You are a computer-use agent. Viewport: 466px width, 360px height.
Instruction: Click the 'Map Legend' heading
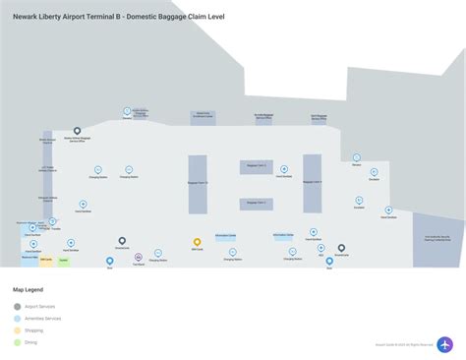click(x=28, y=291)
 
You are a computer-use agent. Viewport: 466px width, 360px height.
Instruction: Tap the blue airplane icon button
click(x=444, y=344)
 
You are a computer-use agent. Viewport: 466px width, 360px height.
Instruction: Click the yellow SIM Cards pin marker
click(x=198, y=241)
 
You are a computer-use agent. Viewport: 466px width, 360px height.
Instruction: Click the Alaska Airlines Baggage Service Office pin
click(x=78, y=131)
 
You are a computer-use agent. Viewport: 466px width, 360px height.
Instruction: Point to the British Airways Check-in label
click(x=47, y=140)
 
